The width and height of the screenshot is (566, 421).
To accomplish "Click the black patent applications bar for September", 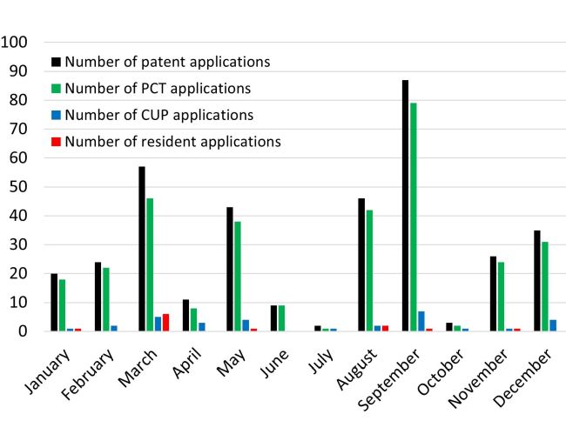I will click(x=405, y=205).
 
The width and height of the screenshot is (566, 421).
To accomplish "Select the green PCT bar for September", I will click(x=413, y=217).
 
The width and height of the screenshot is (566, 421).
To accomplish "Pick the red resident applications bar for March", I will click(x=165, y=323).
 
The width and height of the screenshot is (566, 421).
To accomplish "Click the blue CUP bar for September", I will click(x=421, y=321).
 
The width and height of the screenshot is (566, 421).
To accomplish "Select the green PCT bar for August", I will click(x=369, y=271).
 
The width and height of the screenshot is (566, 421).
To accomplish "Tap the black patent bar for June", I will click(x=273, y=318).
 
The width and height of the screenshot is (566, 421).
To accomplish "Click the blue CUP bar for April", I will click(x=201, y=327).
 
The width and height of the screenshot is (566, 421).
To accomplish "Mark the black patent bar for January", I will click(x=54, y=303).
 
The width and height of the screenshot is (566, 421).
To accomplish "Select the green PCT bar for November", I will click(x=501, y=297).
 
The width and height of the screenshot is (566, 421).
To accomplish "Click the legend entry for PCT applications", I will click(x=158, y=88).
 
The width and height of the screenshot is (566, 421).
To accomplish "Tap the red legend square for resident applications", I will click(x=57, y=141).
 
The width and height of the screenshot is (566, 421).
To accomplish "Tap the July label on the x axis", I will click(x=327, y=359).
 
